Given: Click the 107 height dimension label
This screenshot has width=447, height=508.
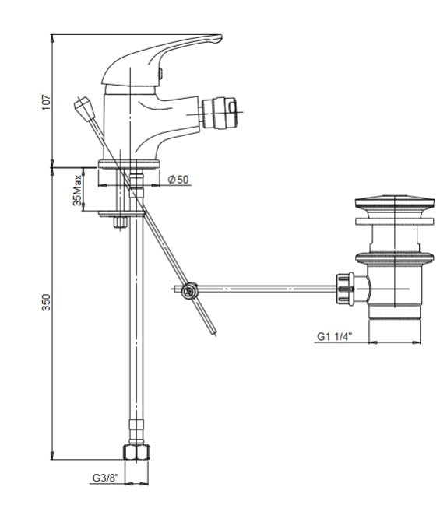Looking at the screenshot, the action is [47, 103].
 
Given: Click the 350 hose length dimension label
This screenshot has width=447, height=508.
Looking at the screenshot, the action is [47, 302].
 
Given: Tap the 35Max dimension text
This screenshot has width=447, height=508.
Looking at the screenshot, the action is [77, 191].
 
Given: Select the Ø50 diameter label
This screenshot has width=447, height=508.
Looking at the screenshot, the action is [178, 179].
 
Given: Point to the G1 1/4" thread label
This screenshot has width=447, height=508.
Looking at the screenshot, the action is [334, 337].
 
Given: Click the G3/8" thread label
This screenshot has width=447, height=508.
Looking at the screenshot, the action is [106, 478].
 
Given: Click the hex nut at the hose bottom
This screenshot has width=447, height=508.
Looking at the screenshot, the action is [136, 452].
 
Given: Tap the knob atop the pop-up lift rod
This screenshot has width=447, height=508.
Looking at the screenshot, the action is [84, 108].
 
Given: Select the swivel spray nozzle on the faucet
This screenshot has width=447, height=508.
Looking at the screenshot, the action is [218, 113].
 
